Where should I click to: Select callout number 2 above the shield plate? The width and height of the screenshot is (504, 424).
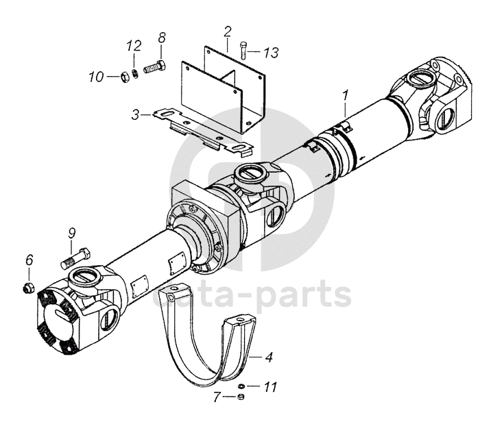click(227, 31)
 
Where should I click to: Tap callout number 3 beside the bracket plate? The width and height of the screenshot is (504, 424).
click(136, 114)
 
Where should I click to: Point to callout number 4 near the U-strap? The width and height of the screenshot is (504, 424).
click(269, 357)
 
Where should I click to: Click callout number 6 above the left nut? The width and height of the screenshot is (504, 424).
click(29, 260)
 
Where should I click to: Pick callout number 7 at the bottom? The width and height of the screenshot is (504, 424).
click(217, 397)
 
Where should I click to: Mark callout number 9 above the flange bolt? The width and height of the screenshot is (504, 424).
click(71, 233)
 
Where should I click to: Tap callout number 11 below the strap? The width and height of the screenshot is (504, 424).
click(270, 388)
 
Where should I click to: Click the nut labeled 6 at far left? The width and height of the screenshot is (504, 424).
click(28, 286)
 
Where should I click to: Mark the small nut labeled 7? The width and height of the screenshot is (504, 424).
click(241, 397)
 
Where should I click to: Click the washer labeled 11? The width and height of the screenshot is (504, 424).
click(241, 386)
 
